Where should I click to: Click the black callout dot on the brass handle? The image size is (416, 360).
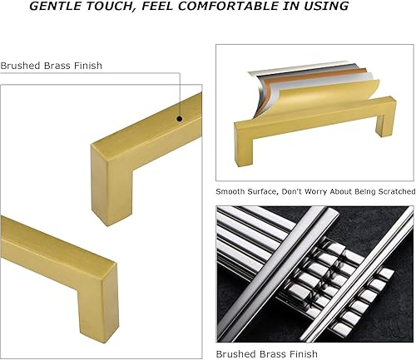pos(178,120)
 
